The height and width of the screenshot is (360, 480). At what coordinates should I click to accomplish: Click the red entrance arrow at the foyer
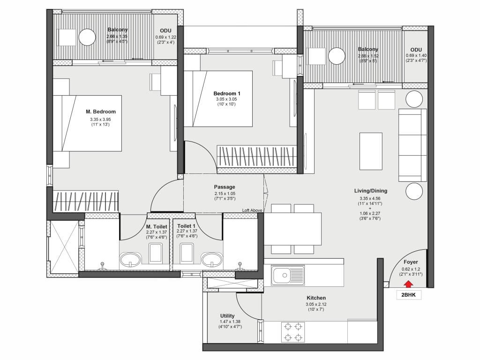point(408,285)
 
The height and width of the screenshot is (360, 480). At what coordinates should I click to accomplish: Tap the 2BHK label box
point(409,295)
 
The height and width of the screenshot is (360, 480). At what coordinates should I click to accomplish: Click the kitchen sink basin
point(285,275)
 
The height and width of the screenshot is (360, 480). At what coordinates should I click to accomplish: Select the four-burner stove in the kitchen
point(293,332)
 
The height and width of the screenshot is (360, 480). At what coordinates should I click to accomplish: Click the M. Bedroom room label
point(101,112)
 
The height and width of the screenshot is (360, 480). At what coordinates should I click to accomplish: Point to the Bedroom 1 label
point(227,94)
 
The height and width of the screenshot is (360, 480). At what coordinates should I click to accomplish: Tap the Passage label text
point(225,187)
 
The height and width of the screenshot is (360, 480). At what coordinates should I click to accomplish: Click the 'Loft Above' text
point(252,210)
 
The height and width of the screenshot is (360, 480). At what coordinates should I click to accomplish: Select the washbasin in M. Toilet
point(130,260)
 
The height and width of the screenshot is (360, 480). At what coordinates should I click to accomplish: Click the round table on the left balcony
point(87,37)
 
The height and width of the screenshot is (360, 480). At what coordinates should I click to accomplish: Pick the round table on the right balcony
point(337,56)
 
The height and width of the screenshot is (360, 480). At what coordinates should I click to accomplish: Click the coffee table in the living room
point(371,151)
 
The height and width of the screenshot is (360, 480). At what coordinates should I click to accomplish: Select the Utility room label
point(227,315)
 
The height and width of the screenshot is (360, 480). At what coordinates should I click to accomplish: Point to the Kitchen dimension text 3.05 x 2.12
point(316,304)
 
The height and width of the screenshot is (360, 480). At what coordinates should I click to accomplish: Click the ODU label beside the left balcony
point(165,31)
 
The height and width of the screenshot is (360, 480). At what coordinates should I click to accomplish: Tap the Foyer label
point(411,262)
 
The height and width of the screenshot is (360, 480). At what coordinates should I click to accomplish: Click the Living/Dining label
point(370,191)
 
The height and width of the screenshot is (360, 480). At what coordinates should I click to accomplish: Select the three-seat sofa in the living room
point(412,145)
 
